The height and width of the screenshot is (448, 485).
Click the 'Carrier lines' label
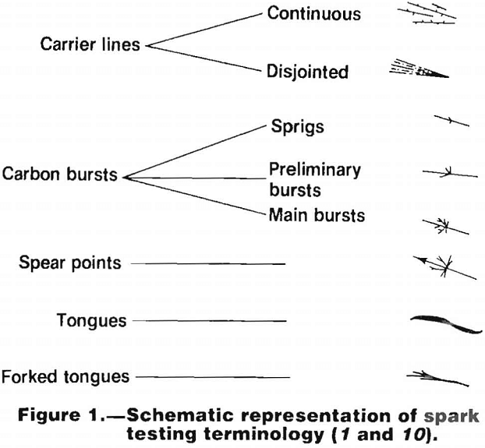[x=90, y=44]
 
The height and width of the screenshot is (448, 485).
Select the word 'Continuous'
[x=313, y=13]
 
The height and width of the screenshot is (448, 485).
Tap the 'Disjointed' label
[x=307, y=72]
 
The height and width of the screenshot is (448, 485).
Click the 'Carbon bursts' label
[x=60, y=174]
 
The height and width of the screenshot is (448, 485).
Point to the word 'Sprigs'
[x=297, y=126]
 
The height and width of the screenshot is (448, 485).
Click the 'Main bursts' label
[x=317, y=214]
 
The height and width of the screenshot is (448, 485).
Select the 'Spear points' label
[x=70, y=263]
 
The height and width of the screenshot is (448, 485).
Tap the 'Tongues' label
[x=91, y=320]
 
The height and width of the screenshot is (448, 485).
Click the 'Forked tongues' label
[x=65, y=376]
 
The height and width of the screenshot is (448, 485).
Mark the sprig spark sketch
[x=451, y=120]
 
